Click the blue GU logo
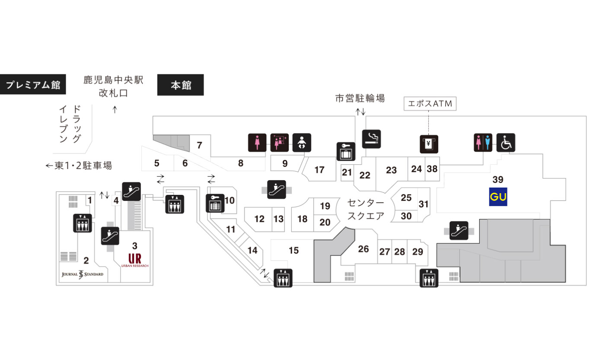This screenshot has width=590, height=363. click(498, 197)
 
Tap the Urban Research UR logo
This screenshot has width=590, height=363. click(134, 260)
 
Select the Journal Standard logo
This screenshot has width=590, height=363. click(83, 274)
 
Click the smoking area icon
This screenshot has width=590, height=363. click(371, 139)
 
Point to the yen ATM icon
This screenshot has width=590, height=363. click(429, 144)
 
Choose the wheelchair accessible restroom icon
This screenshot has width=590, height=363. click(506, 143)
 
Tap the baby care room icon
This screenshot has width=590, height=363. click(302, 143)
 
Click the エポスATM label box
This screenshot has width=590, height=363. click(430, 104)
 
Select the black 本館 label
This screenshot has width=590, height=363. click(180, 85)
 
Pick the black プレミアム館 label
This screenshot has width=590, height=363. click(33, 84)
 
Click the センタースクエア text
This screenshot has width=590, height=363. click(366, 210)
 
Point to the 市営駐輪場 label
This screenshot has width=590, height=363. click(360, 98)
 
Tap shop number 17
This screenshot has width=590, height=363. click(319, 170)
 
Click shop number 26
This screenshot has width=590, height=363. click(363, 249)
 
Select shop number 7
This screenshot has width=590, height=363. click(199, 145)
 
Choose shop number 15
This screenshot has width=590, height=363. click(293, 250)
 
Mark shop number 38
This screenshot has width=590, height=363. click(432, 169)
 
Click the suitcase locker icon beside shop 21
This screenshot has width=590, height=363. click(346, 152)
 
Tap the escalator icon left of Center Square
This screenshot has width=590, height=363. click(277, 189)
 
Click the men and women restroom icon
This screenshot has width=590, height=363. click(483, 143)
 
